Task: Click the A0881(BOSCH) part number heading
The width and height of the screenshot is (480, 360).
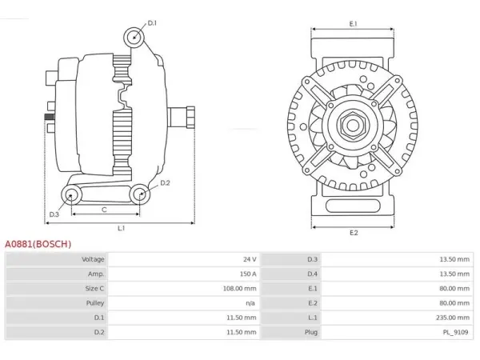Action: [x=38, y=244]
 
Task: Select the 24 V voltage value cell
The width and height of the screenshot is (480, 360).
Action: [x=250, y=259]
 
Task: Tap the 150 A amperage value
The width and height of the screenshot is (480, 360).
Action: [x=248, y=274]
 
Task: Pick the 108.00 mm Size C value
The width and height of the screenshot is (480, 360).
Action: [x=240, y=288]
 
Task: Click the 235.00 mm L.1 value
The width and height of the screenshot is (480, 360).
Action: [x=453, y=318]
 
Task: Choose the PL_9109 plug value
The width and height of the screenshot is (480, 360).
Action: [x=455, y=332]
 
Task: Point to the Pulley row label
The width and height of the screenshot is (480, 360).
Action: [x=95, y=303]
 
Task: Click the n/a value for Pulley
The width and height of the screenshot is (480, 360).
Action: [x=250, y=303]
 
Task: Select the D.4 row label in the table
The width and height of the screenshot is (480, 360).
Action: [x=312, y=274]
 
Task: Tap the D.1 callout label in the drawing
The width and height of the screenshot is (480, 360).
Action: [x=152, y=23]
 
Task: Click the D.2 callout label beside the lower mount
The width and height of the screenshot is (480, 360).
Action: [x=165, y=182]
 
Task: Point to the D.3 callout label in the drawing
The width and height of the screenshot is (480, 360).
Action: [x=54, y=214]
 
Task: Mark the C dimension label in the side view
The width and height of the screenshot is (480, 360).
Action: [x=104, y=210]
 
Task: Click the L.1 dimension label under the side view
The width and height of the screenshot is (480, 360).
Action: [x=122, y=228]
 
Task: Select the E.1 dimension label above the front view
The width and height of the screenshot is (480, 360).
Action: [x=354, y=23]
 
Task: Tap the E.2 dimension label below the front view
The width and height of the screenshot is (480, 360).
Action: [x=354, y=233]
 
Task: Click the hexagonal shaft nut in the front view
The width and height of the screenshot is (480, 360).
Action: [x=353, y=125]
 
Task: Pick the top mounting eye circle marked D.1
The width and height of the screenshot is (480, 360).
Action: [x=134, y=38]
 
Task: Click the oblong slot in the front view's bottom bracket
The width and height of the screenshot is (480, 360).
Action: [x=353, y=206]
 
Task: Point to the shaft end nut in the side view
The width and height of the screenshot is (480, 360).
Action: [x=190, y=118]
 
